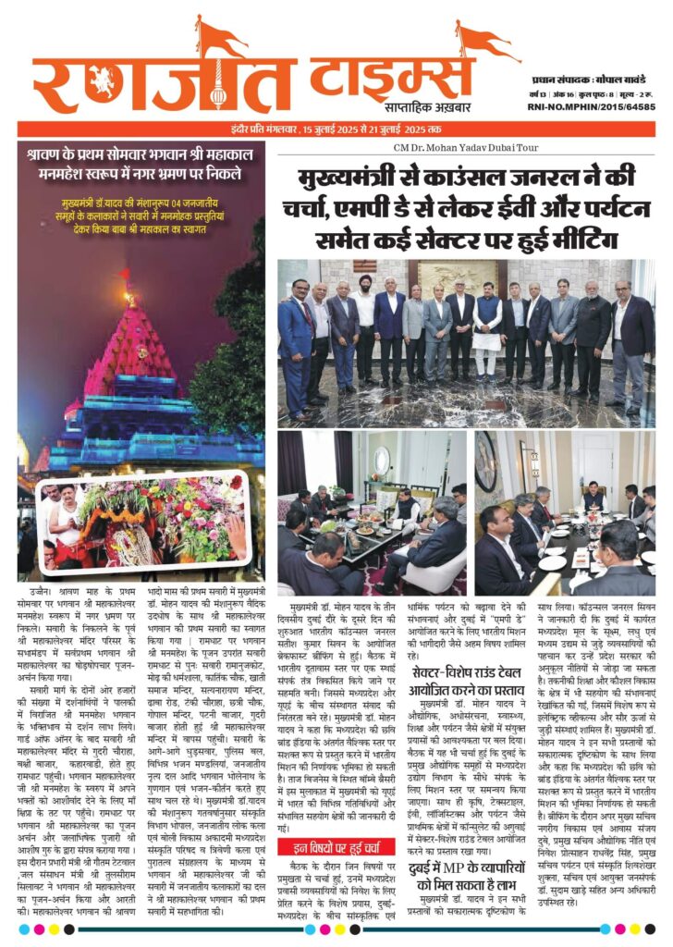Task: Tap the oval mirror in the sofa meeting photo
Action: coord(382,460)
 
